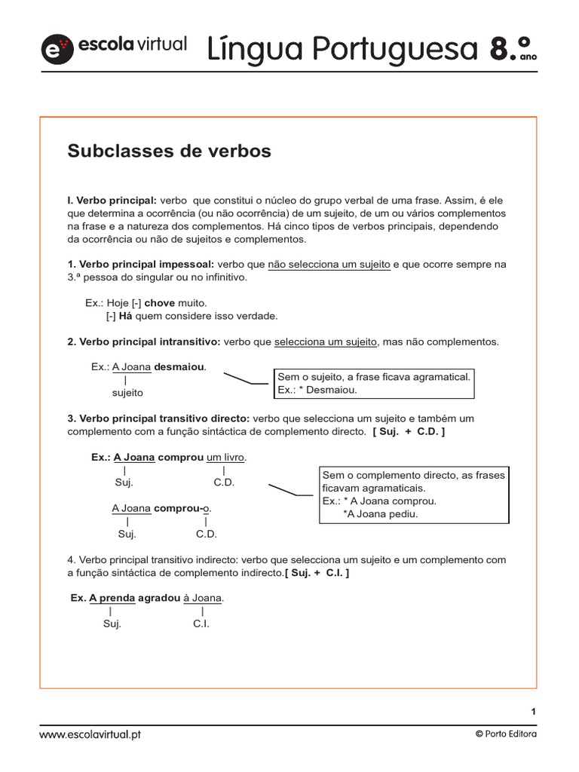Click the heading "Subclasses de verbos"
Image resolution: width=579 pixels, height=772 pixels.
coord(169,152)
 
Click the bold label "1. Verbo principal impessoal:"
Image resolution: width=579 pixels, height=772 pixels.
coord(141,265)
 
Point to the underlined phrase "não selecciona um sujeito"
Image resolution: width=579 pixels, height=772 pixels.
coord(329,265)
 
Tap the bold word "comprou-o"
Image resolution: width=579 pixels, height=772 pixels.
coord(182,509)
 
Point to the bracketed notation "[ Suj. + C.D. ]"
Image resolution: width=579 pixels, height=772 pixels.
coord(408,431)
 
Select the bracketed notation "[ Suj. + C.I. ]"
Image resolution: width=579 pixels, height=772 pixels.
coord(317,573)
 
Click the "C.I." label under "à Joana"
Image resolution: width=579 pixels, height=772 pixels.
coord(201,624)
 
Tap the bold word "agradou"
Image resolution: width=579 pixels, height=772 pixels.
coord(159,599)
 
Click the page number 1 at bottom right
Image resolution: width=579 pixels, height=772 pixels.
coord(533,711)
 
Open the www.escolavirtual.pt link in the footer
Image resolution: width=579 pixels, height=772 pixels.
coord(90,734)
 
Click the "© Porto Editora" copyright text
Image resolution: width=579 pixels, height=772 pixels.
coord(506,734)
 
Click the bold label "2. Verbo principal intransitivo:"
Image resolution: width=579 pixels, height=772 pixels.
coord(144,342)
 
